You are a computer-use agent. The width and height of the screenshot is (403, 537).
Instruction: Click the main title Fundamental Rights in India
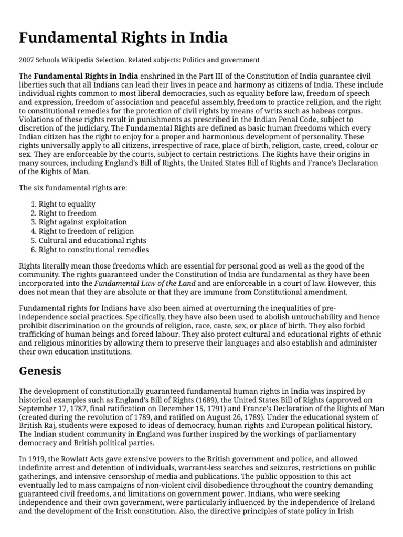click(123, 38)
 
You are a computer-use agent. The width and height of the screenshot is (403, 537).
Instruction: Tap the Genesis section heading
click(40, 371)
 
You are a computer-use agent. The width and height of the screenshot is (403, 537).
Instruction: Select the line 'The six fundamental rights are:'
click(73, 187)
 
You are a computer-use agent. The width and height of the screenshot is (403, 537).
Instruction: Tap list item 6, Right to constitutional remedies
click(94, 250)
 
